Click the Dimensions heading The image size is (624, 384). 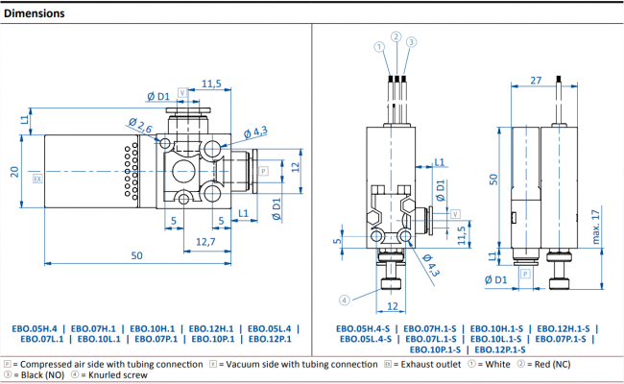33,13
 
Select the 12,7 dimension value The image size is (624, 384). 204,241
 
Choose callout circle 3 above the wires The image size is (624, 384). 411,42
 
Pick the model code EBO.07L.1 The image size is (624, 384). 37,339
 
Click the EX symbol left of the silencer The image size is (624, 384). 37,179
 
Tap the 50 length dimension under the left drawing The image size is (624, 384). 137,255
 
